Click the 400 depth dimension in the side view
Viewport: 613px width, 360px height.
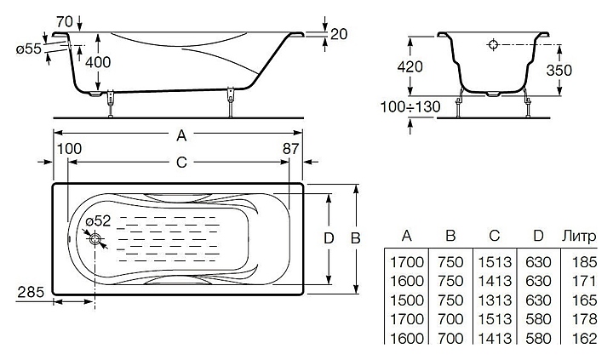coord(98,62)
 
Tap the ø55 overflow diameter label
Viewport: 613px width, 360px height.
coord(29,49)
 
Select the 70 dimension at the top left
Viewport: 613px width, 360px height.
coord(65,21)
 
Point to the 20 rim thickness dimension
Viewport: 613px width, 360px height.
coord(339,34)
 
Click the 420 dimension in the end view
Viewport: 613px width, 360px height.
coord(410,67)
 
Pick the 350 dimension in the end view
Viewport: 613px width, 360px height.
coord(559,71)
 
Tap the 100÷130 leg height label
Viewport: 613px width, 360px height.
coord(410,106)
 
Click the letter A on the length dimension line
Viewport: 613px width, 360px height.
coord(181,135)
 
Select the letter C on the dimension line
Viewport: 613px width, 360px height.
coord(181,162)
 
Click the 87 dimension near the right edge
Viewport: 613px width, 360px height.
coord(291,149)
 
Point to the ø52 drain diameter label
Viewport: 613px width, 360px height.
coord(98,221)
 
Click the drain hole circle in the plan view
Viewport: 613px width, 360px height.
coord(95,238)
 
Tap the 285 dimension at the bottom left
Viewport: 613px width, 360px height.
coord(31,292)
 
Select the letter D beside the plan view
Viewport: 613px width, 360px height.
coord(329,238)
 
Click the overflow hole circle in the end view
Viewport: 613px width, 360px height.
coord(493,44)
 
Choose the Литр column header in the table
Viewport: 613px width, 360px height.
coord(580,236)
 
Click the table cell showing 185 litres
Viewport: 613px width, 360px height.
coord(584,262)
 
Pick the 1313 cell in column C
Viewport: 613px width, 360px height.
coord(495,300)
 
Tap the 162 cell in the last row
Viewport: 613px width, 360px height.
coord(584,338)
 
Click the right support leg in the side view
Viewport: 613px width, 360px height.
coord(231,102)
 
